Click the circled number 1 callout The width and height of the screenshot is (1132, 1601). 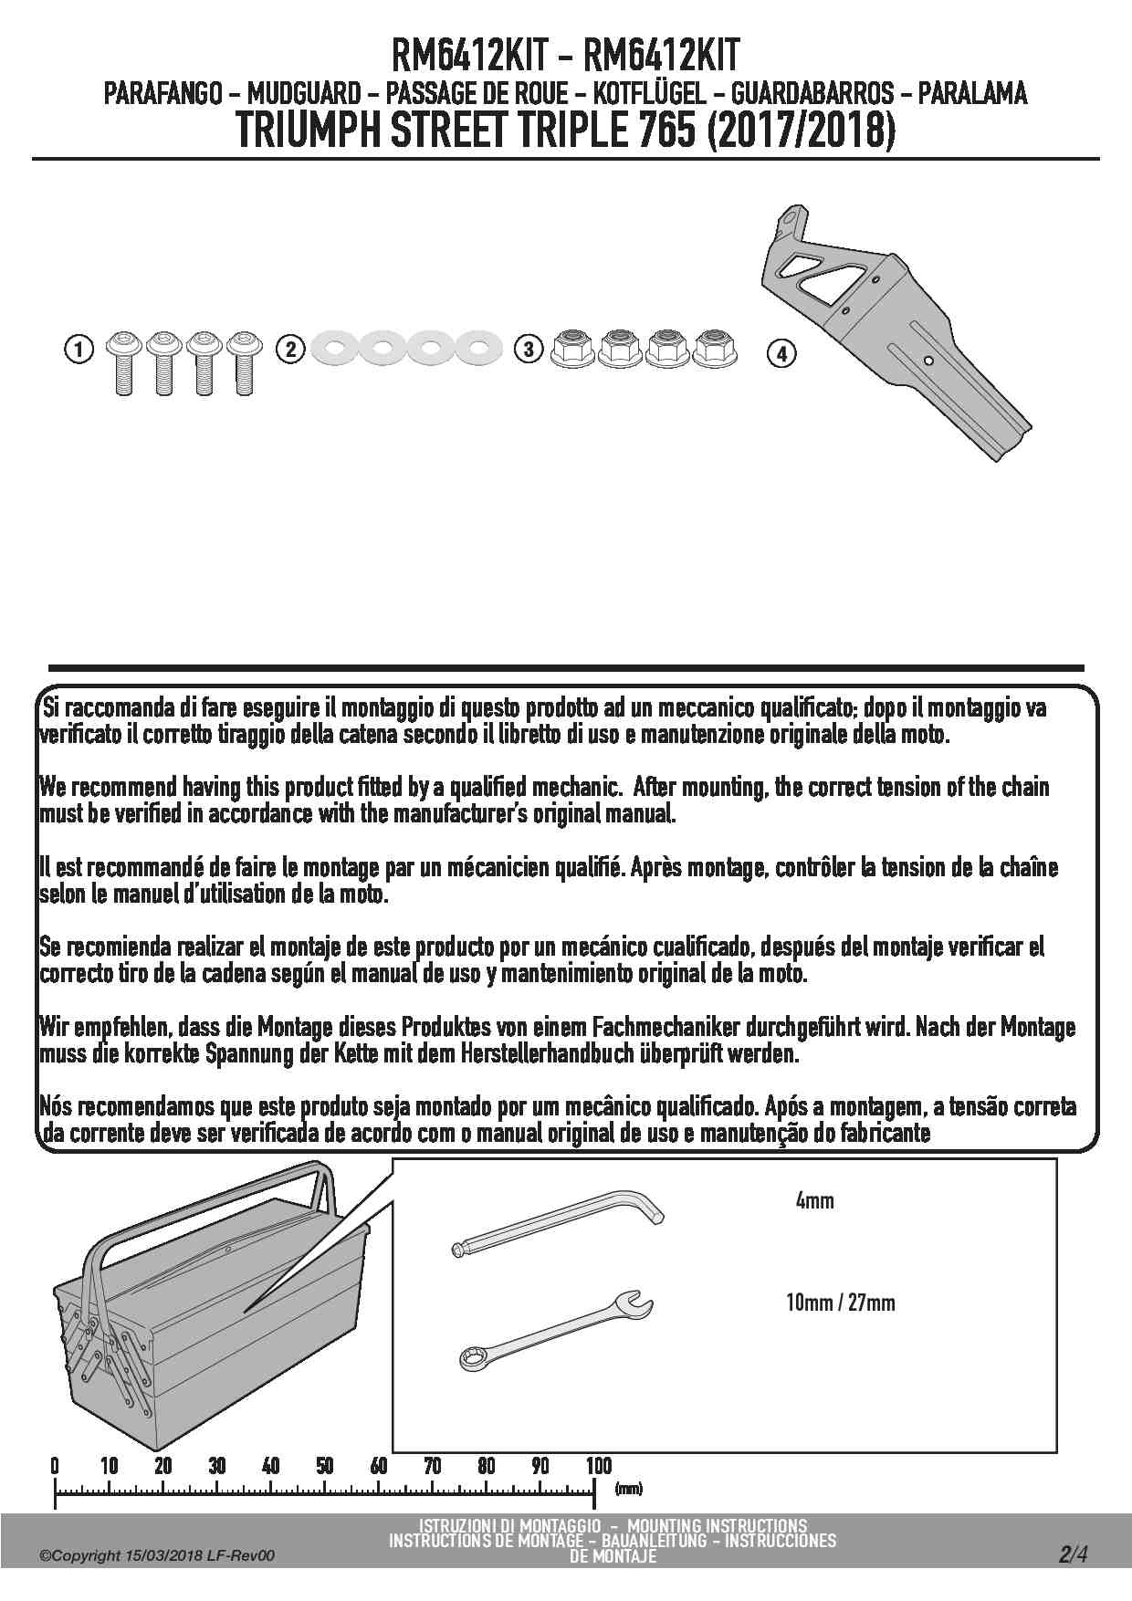[80, 349]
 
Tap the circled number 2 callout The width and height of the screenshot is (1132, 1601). [290, 349]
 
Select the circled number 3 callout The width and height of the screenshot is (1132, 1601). [529, 349]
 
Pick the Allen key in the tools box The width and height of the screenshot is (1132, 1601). [558, 1227]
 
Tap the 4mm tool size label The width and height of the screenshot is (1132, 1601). [814, 1200]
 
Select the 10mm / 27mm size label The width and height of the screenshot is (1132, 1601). [840, 1303]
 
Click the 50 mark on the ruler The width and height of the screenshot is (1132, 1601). [324, 1466]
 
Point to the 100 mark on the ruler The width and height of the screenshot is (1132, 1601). [598, 1466]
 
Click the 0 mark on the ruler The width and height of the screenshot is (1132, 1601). [55, 1466]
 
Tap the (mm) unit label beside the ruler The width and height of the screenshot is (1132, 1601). [628, 1489]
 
